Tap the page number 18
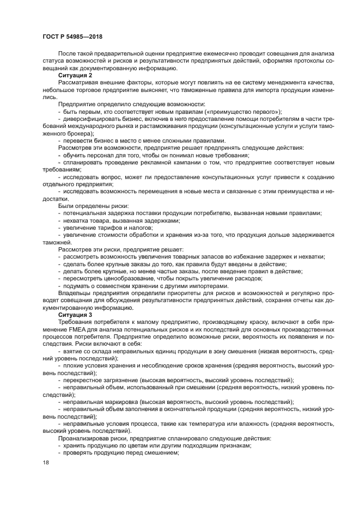(x=46, y=462)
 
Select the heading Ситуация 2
(x=75, y=75)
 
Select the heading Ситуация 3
(x=75, y=315)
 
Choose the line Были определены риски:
(x=93, y=205)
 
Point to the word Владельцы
(x=75, y=293)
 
